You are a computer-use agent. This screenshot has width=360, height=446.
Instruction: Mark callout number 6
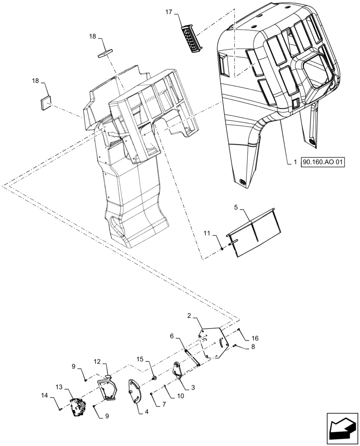coord(172,336)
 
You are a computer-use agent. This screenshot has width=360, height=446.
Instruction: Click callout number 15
coord(139,359)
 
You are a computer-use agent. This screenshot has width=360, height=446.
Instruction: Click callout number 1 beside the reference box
coord(295,162)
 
